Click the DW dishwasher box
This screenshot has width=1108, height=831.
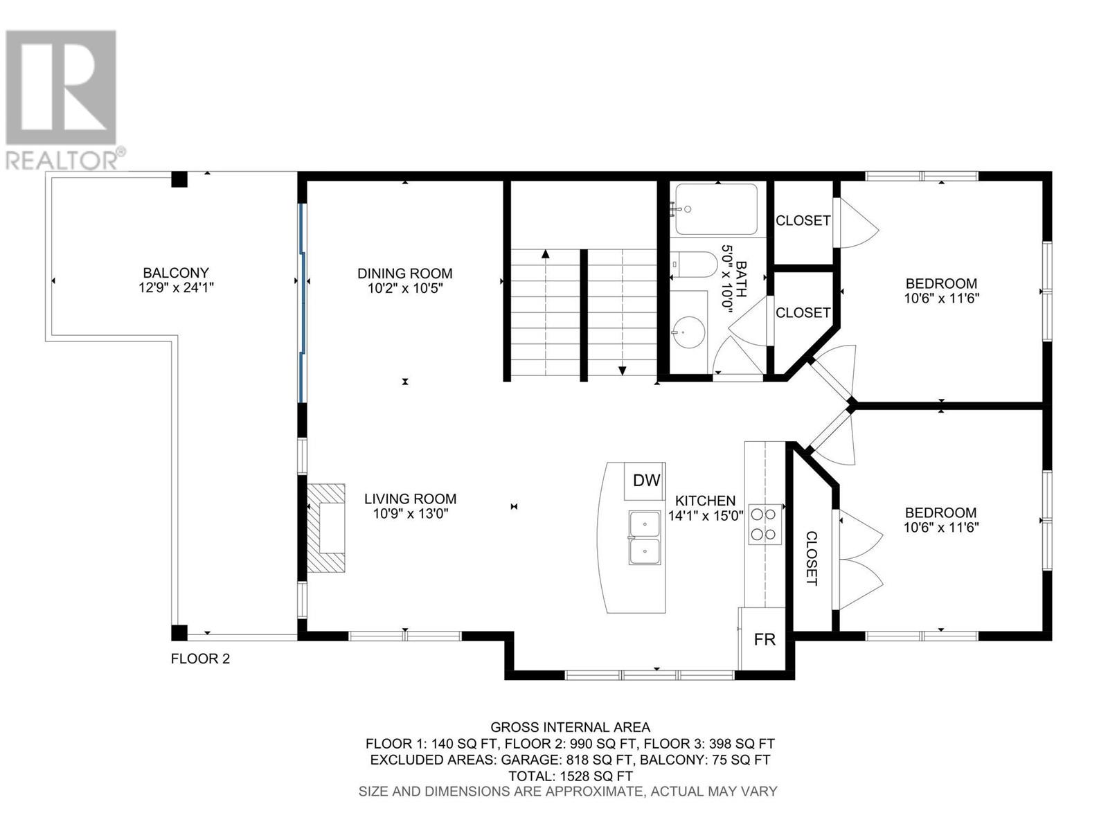pos(646,481)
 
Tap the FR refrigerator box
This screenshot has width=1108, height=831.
pos(765,639)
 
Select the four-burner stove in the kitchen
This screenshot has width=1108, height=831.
pos(764,524)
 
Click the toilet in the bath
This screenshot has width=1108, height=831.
pos(695,265)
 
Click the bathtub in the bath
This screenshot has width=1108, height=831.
pos(717,209)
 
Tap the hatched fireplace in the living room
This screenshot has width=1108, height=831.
pos(328,528)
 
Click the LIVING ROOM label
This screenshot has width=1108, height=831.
pos(410,499)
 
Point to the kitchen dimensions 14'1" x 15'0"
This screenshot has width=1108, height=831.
pos(706,516)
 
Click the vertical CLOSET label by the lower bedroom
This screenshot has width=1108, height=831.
pos(812,558)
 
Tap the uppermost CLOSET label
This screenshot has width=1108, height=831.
pos(803,221)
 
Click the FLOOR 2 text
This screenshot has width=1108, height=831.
pos(200,659)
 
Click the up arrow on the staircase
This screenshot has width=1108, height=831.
pos(546,254)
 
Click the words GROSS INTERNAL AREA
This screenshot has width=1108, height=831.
pos(570,727)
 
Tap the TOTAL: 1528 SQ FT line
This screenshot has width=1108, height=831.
pos(570,776)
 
